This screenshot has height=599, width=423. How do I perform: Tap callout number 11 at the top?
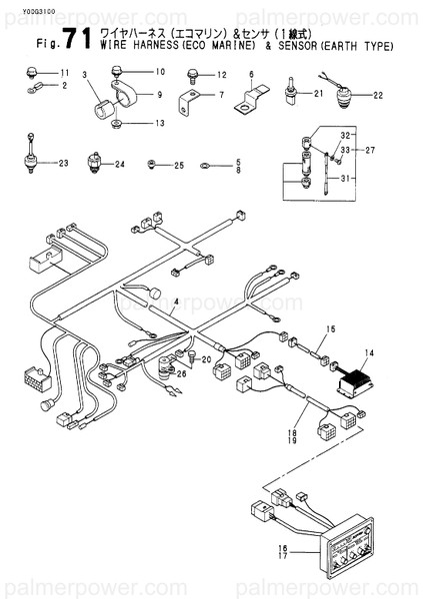click(x=65, y=74)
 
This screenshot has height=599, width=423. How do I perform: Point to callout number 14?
click(x=369, y=352)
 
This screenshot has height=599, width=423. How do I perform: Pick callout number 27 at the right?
click(x=372, y=150)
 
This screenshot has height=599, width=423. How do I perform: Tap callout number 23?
click(x=65, y=163)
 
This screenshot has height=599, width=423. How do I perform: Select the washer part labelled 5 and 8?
click(x=205, y=166)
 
